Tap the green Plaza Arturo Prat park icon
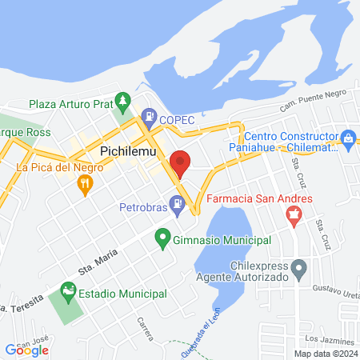pos(122,102)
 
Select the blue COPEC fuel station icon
pos(148,118)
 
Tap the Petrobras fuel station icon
pos(178,206)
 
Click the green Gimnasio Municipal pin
pos(162,238)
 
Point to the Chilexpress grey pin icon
pos(299,270)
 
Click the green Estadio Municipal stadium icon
pos(66,293)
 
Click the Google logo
pos(27,350)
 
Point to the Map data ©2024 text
pos(326,354)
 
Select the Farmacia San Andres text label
pos(248,198)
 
